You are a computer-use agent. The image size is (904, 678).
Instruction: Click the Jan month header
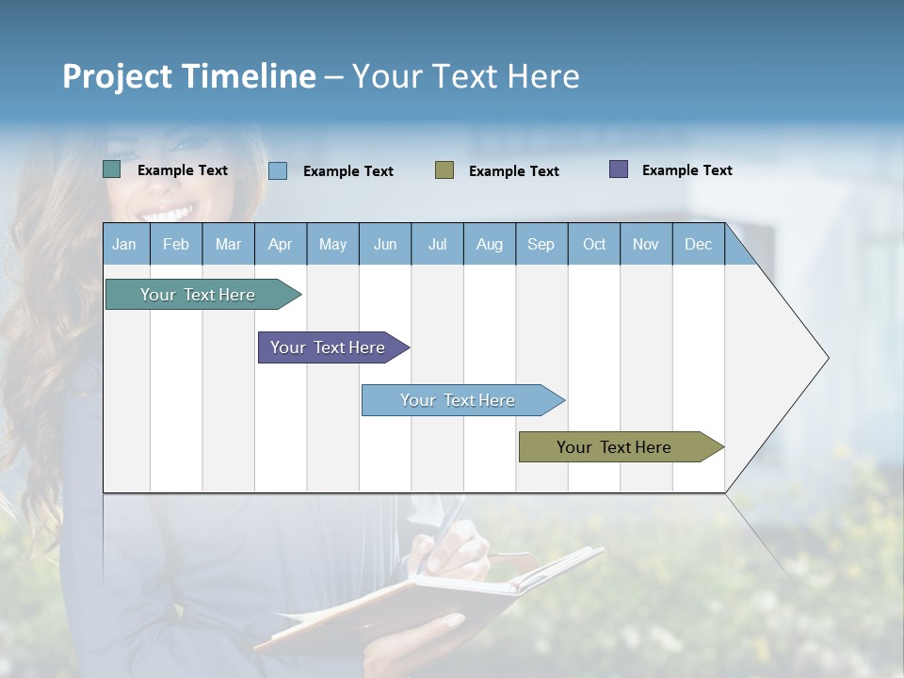click(124, 245)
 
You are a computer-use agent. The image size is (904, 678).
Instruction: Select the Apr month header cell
click(280, 245)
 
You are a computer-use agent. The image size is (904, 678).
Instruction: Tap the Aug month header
click(489, 245)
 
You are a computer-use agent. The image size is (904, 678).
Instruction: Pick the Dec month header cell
click(698, 245)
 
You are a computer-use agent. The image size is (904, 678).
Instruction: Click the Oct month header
click(594, 245)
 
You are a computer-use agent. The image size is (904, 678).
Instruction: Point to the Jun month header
click(384, 245)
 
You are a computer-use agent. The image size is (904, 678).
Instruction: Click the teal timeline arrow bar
click(199, 295)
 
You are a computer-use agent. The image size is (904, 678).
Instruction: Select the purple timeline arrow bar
click(329, 347)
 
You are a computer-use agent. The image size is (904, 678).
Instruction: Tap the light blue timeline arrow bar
click(459, 400)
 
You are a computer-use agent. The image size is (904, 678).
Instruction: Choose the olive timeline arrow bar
click(615, 447)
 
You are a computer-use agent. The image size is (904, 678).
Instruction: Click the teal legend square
click(111, 169)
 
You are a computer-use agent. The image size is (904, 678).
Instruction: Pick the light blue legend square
click(277, 170)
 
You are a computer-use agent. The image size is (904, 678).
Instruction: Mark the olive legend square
click(444, 170)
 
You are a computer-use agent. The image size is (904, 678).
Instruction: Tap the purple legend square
click(618, 169)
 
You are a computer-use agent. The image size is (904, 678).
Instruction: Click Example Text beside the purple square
click(686, 170)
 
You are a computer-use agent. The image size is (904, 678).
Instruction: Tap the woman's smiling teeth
click(168, 213)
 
